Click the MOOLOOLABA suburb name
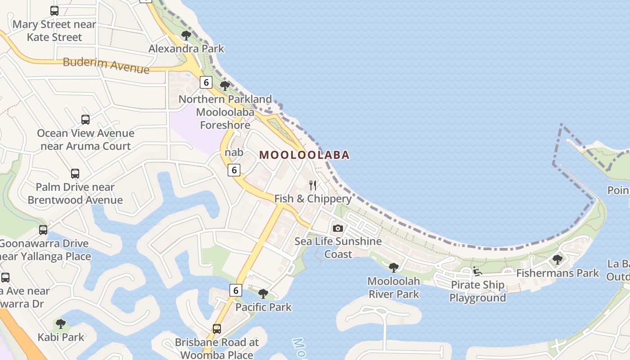[x=304, y=155]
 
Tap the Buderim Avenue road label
[x=106, y=65]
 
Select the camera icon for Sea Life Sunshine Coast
[x=338, y=228]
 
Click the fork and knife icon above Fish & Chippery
[x=313, y=185]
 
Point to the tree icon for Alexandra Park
[x=186, y=36]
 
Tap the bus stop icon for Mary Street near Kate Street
[x=54, y=11]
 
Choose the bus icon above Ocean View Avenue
[x=85, y=120]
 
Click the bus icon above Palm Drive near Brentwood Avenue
[x=75, y=174]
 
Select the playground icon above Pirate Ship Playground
[x=477, y=271]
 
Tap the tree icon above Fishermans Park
[x=558, y=259]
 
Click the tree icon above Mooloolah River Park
[x=394, y=268]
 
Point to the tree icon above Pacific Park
[x=263, y=294]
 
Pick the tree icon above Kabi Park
[x=61, y=324]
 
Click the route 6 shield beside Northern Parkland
[x=206, y=82]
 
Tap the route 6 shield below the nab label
[x=234, y=170]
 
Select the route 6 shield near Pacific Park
[x=235, y=290]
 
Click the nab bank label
[x=234, y=153]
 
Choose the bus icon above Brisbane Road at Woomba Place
[x=217, y=329]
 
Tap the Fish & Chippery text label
[x=313, y=198]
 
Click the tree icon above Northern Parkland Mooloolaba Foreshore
[x=225, y=85]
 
